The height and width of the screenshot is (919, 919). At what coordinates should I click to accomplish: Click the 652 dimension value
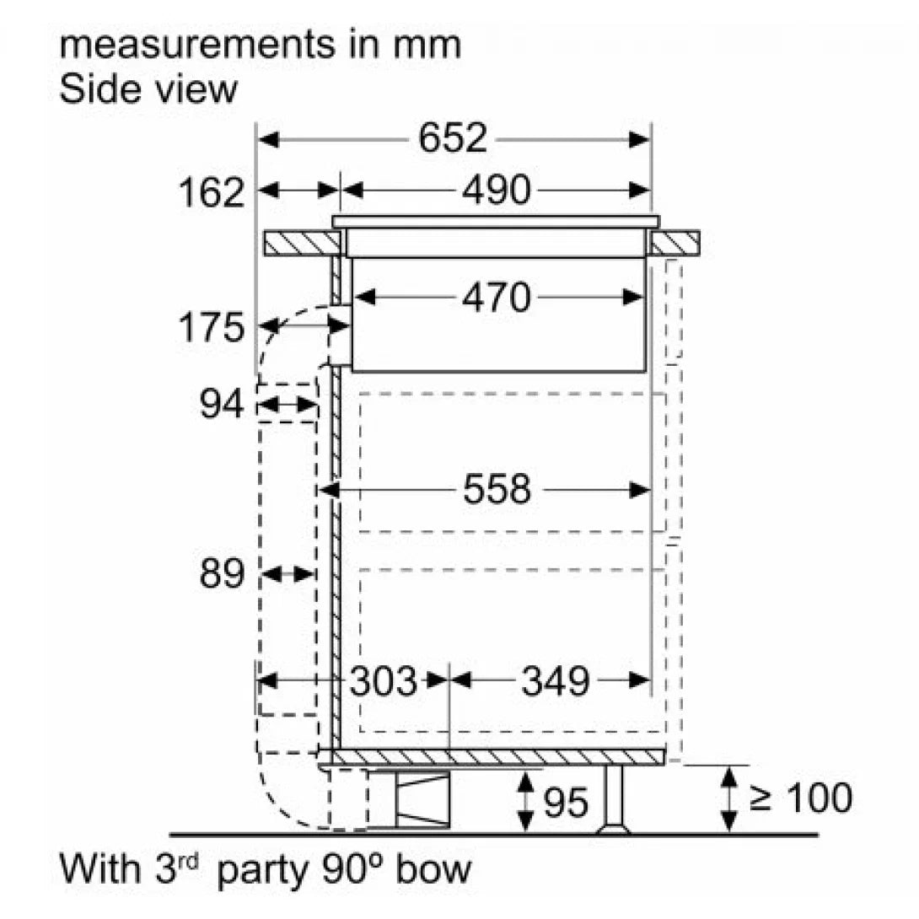[x=453, y=138]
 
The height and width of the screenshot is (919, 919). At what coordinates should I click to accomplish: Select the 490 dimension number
[x=497, y=190]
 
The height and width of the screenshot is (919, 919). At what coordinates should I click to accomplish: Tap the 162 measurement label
[x=211, y=192]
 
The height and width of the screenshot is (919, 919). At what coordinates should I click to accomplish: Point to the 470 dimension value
[x=497, y=298]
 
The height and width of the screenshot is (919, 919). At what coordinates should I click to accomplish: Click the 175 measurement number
[x=211, y=327]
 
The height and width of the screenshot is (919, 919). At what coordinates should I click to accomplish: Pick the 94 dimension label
[x=221, y=404]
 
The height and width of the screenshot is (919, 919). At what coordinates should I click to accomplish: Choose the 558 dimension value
[x=497, y=489]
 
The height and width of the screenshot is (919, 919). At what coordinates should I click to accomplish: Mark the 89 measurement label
[x=222, y=573]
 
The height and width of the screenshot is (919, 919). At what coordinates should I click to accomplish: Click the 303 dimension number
[x=384, y=681]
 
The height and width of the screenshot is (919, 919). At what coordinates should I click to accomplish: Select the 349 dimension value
[x=556, y=681]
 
